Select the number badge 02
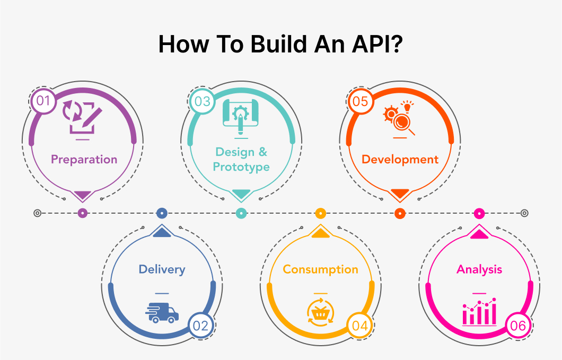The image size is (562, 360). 201,326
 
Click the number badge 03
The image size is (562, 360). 202,101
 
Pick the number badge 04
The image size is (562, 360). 359,326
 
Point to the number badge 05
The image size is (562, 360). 360,101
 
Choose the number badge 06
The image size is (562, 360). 517,326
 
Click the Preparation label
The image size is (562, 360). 84,159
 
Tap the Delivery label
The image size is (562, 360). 162,269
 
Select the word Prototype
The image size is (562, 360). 241,167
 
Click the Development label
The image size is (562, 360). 400,159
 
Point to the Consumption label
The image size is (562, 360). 320,269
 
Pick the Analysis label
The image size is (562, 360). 479,269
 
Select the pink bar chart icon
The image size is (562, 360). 479,312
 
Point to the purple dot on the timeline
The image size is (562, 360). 82,213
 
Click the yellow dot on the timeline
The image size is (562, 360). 320,213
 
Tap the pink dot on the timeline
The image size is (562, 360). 479,213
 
